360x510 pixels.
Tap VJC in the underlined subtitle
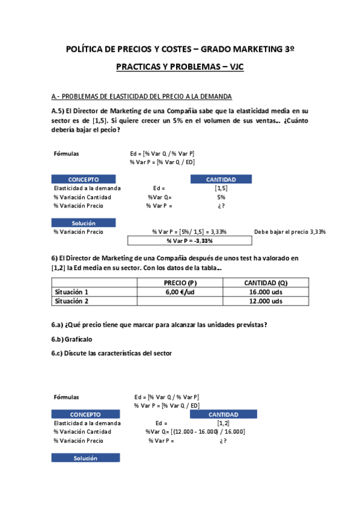click(233, 67)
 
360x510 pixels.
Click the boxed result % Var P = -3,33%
click(189, 241)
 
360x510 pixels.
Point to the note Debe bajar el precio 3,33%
click(290, 232)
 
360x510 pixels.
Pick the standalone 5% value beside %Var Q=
click(221, 197)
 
